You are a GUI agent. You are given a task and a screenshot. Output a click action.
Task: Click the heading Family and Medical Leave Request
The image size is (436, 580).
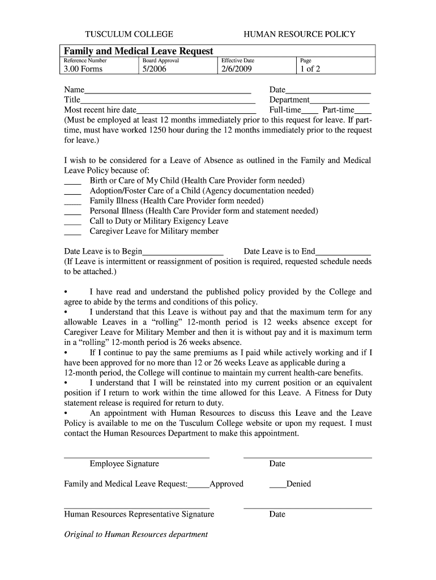(x=138, y=51)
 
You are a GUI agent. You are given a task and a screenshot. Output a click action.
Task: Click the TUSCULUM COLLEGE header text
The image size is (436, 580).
(x=129, y=34)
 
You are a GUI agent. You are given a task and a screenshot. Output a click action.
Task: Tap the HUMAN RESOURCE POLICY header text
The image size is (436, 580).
(x=299, y=34)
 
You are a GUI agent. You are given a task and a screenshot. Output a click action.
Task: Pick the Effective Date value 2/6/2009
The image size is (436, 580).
(x=236, y=69)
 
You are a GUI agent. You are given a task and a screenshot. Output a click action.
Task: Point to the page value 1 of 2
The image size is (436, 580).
(x=310, y=69)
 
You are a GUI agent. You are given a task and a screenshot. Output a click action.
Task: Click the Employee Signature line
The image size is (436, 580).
(x=136, y=457)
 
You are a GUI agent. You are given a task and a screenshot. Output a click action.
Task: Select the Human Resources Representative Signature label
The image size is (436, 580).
(x=139, y=514)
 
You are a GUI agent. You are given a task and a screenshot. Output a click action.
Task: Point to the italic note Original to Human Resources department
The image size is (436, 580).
(x=136, y=534)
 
